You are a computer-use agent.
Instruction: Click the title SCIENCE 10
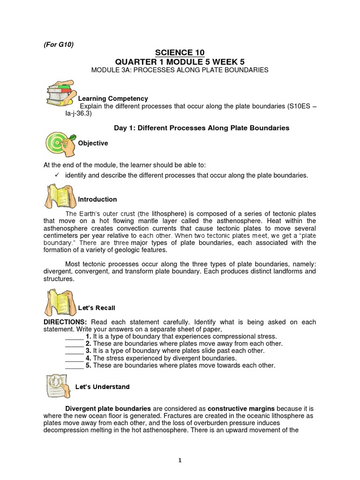(x=180, y=52)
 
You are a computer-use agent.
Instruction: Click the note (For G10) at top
(x=56, y=45)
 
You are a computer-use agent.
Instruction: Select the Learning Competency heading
(x=112, y=98)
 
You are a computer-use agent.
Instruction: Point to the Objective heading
(x=93, y=143)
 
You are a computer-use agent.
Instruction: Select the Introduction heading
(x=97, y=199)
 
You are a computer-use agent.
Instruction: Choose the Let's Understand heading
(x=102, y=387)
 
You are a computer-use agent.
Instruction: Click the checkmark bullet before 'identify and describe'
(x=57, y=175)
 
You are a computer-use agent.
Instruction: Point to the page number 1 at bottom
(x=180, y=460)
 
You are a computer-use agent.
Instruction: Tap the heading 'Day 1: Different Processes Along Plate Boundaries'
(x=202, y=127)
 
